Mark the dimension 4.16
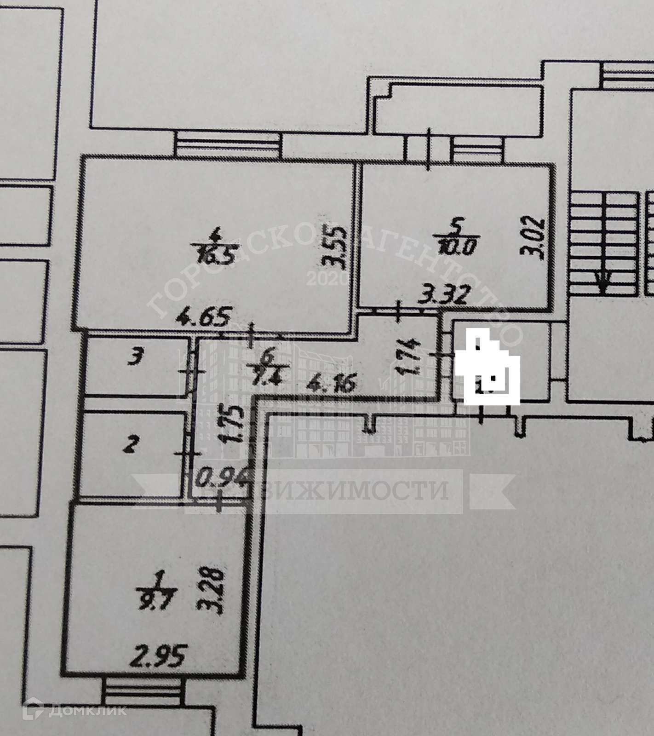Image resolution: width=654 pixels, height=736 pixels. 332,383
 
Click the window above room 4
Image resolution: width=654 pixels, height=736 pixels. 228,145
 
